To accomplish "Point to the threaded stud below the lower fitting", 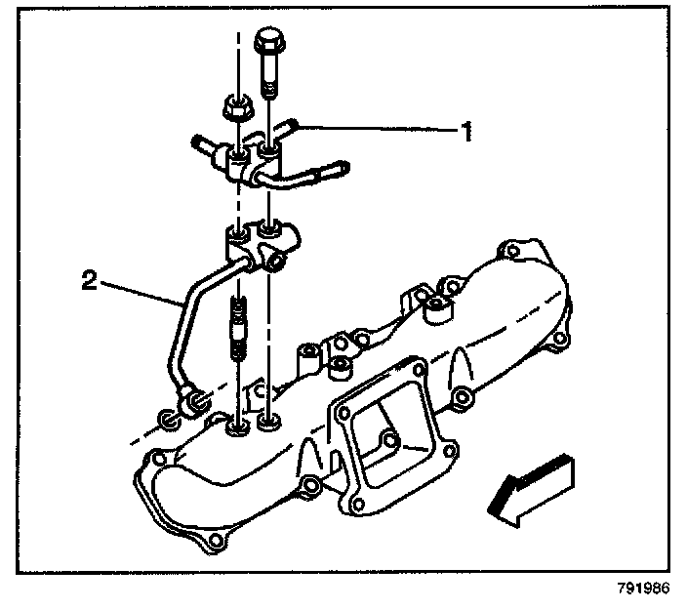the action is point(235,331).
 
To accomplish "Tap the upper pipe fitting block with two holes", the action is point(253,156).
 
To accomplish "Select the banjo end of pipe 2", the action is point(192,400).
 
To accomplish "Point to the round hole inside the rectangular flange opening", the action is point(389,442).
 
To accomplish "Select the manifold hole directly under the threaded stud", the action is point(235,426).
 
